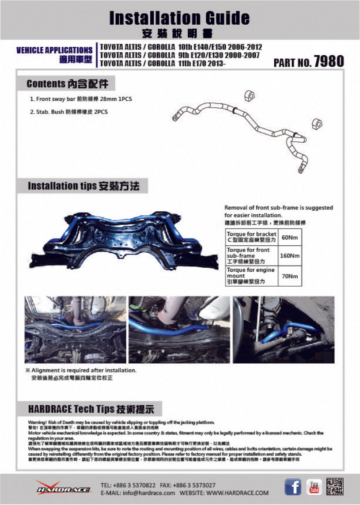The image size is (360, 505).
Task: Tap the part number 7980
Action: (329, 61)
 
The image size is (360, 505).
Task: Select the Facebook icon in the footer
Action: (292, 486)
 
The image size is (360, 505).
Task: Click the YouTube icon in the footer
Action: (314, 486)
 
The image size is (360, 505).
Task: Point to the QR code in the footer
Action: (334, 486)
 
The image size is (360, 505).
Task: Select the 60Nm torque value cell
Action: (289, 238)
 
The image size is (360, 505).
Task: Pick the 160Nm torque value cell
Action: (289, 256)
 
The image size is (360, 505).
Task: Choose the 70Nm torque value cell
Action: (289, 276)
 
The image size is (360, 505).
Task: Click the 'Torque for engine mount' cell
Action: (251, 276)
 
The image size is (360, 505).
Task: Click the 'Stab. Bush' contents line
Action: (69, 112)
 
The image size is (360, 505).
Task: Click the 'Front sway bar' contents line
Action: (81, 99)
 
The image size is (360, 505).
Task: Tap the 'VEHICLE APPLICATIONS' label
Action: (54, 50)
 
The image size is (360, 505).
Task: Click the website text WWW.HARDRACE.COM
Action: (237, 493)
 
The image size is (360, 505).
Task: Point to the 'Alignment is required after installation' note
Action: (83, 370)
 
